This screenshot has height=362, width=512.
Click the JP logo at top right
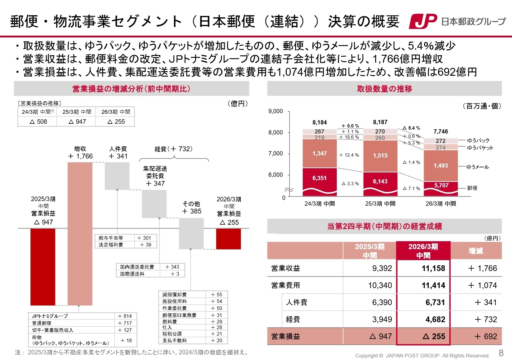click(423, 21)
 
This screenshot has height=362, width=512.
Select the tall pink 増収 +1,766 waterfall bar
click(80, 234)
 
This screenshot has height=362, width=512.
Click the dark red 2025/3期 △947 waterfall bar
click(43, 267)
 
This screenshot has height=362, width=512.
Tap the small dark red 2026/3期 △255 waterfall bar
click(228, 239)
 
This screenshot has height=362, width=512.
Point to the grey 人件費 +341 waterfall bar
click(117, 176)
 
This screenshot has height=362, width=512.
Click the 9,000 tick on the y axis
click(275, 111)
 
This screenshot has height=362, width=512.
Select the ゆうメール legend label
click(478, 167)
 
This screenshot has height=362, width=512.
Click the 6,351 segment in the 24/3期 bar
click(319, 178)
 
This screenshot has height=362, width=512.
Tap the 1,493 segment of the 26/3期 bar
click(441, 165)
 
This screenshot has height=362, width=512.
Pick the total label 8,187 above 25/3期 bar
click(380, 122)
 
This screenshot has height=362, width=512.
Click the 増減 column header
click(476, 251)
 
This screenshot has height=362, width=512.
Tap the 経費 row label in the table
click(293, 319)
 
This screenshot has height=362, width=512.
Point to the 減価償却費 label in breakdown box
click(174, 294)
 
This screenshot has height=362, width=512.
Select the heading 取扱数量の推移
click(384, 89)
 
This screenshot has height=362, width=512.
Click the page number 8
click(501, 353)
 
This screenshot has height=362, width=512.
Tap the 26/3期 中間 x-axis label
click(441, 204)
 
